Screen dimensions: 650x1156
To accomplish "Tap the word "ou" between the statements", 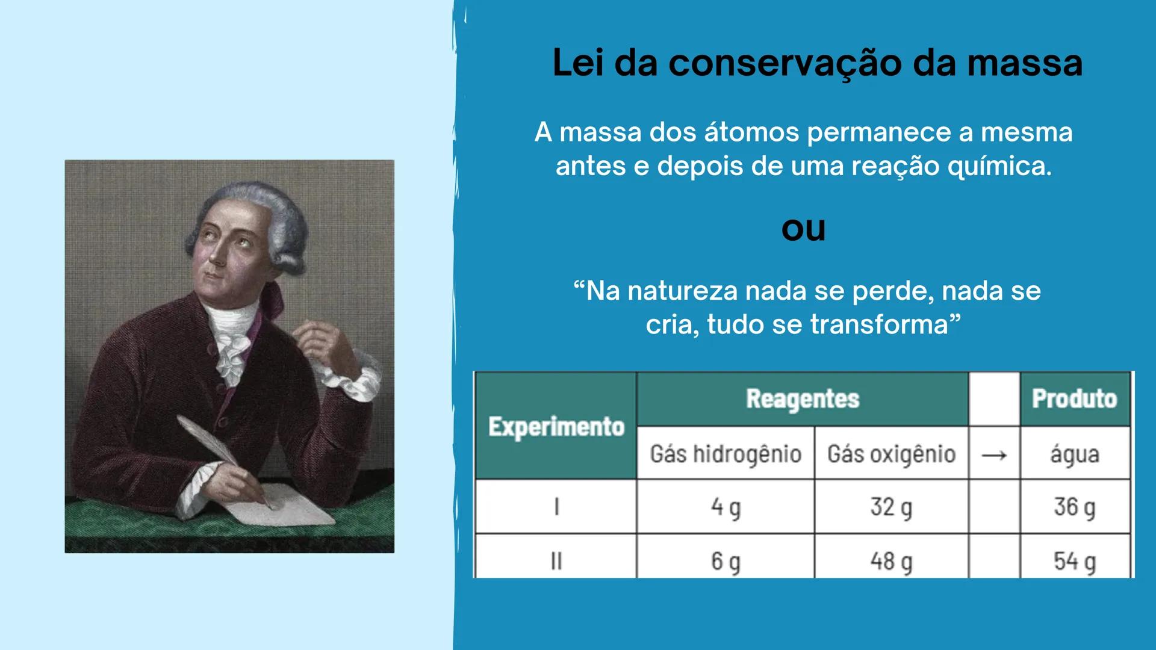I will (803, 229).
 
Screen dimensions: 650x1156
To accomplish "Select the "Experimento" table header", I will (556, 426).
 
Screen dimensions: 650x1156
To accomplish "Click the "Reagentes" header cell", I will (803, 398).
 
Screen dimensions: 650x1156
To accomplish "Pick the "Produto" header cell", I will (1074, 398).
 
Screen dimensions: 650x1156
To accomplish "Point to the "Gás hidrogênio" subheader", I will (726, 453).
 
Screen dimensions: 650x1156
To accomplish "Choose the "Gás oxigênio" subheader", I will (891, 453).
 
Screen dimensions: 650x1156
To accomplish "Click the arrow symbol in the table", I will (994, 454).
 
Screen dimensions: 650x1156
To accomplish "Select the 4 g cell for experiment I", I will (726, 507).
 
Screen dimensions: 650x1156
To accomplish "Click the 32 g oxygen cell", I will (891, 507).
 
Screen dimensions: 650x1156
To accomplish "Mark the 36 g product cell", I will (1074, 507).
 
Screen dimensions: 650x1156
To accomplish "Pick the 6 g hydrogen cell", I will (726, 561).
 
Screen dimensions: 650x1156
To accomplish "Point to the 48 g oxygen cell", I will (891, 561).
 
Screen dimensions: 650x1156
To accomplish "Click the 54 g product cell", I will (1074, 561).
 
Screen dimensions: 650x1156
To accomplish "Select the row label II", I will (556, 561).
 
